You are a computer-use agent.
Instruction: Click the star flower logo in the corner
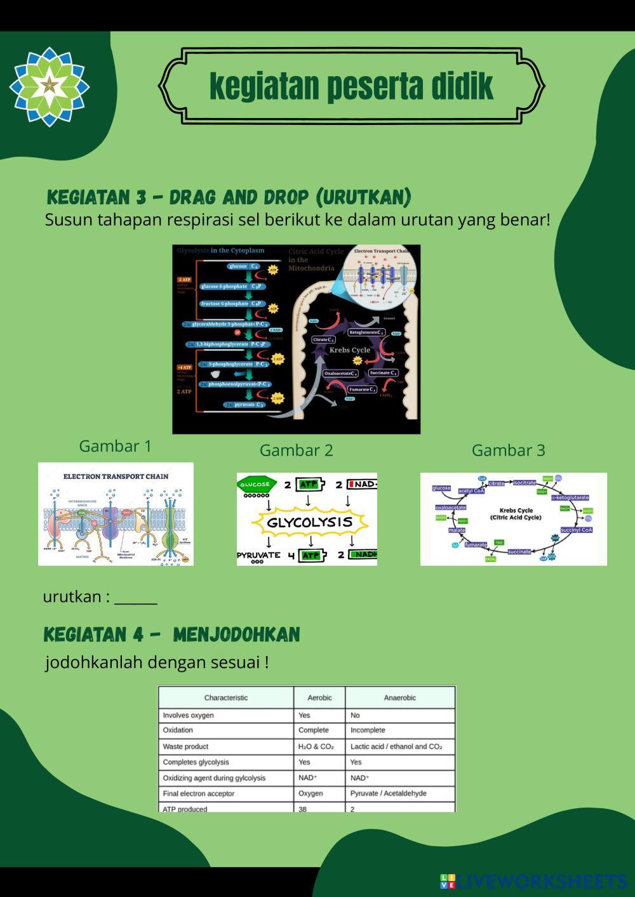50,86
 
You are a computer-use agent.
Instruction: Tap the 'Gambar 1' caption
115,446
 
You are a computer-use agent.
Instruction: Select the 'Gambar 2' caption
296,450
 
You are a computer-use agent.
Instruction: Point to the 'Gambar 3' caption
508,450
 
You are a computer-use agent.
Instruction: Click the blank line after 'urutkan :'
136,598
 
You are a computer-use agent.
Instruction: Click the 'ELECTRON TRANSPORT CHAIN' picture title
116,476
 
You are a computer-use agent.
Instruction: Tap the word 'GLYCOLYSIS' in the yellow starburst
310,522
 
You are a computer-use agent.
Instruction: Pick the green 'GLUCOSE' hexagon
257,484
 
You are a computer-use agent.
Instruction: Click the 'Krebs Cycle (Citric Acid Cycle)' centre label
516,514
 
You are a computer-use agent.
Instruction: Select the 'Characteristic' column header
226,698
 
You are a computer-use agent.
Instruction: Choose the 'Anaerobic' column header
399,698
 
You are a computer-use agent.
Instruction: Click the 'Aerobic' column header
319,698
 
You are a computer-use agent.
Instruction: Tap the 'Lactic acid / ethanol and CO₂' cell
396,747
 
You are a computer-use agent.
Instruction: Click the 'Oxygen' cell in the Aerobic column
311,794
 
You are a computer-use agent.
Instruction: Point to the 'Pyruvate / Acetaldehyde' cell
388,794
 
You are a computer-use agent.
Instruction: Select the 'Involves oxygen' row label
188,716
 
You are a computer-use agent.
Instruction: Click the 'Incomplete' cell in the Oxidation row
368,730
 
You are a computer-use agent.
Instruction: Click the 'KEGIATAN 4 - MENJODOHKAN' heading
171,634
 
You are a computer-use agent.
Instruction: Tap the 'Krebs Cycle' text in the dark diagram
349,350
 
